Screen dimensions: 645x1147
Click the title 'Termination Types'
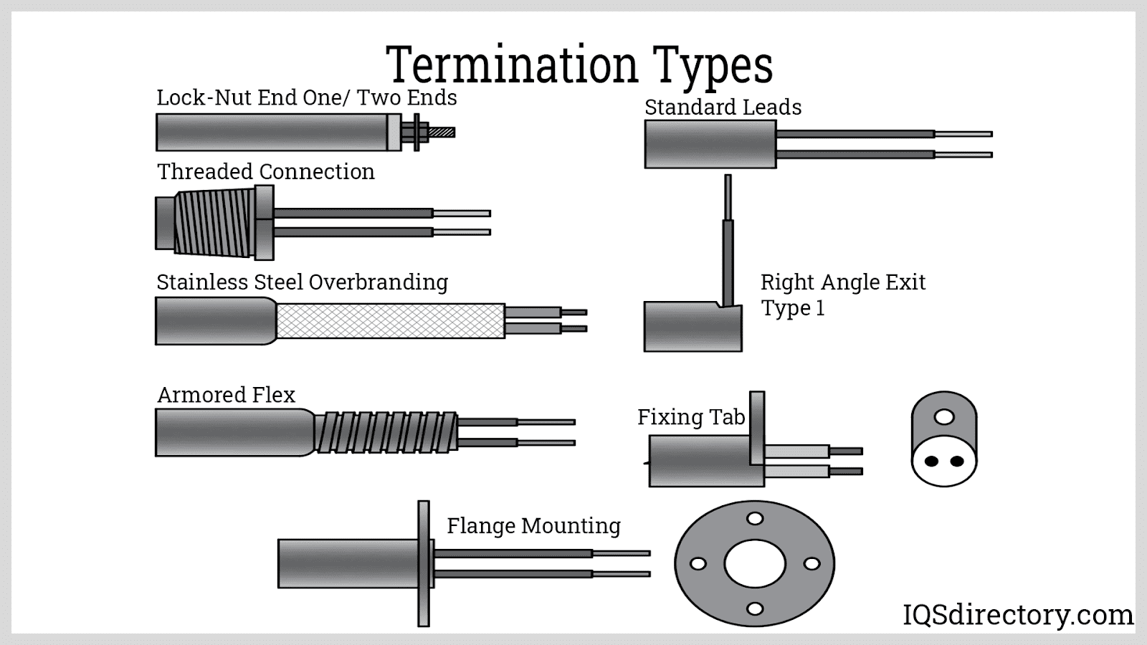click(579, 64)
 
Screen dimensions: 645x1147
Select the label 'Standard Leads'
click(723, 107)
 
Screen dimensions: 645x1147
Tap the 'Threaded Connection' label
click(265, 172)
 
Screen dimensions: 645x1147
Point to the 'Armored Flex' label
click(226, 395)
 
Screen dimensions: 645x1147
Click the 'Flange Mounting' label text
click(533, 526)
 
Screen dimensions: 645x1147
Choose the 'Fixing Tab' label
click(691, 417)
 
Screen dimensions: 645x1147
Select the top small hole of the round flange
click(754, 518)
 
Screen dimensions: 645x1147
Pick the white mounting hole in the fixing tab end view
click(944, 416)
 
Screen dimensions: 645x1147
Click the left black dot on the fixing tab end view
click(931, 462)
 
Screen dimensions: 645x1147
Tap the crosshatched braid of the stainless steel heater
click(391, 320)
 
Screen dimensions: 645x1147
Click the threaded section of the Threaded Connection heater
click(215, 222)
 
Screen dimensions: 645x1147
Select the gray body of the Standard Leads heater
click(710, 144)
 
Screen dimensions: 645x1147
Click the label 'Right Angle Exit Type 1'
click(842, 295)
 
